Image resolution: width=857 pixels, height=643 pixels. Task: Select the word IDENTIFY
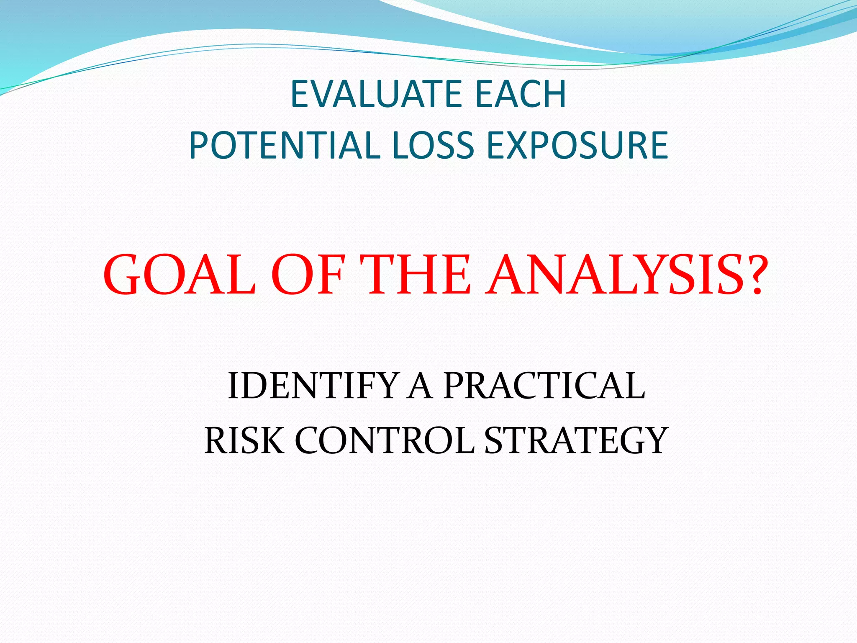pos(312,386)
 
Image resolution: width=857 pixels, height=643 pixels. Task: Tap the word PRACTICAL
pos(544,386)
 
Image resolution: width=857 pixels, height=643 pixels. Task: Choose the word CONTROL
pos(385,440)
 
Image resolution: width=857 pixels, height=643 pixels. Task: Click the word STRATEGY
pos(575,440)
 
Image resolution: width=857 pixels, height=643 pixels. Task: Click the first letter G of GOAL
pos(124,275)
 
